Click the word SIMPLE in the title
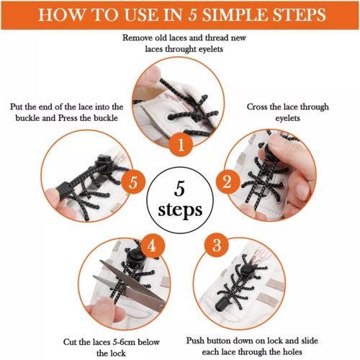tap(239, 15)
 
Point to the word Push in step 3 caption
tap(197, 338)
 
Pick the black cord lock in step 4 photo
tap(136, 256)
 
